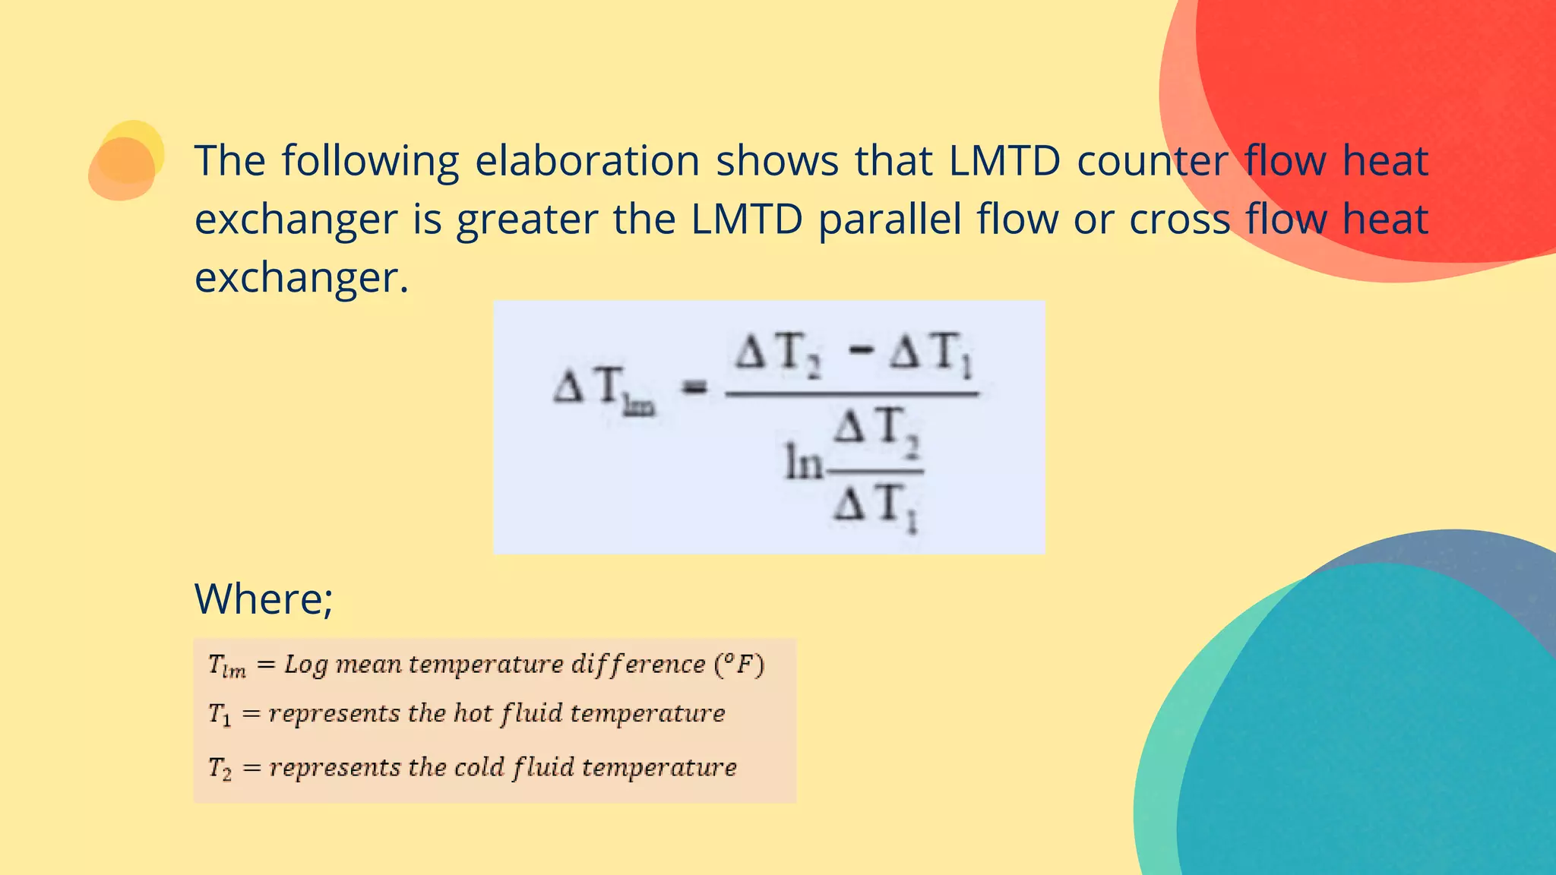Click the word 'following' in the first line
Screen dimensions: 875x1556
pyautogui.click(x=370, y=161)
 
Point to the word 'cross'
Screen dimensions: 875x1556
pyautogui.click(x=1179, y=220)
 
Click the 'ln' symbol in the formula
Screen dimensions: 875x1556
pyautogui.click(x=803, y=463)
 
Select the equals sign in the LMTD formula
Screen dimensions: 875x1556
pyautogui.click(x=694, y=388)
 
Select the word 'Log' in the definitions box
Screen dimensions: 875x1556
pyautogui.click(x=305, y=665)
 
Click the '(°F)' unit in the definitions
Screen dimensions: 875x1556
pyautogui.click(x=738, y=665)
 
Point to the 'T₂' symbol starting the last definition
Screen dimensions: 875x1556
pyautogui.click(x=220, y=768)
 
